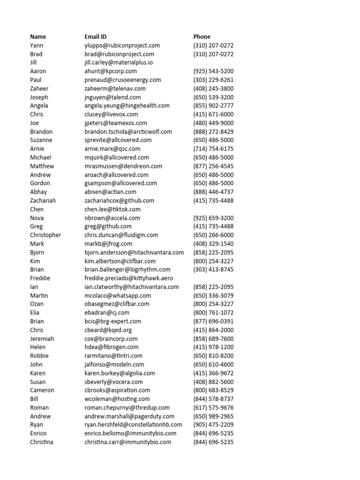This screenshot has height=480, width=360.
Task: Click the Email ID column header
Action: click(98, 37)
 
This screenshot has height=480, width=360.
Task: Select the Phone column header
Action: click(202, 37)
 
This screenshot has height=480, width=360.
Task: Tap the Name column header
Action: click(38, 37)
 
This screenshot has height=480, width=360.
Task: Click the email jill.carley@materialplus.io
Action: click(119, 62)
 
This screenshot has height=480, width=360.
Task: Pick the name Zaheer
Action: click(39, 89)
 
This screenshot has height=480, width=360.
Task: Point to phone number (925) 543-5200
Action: click(213, 71)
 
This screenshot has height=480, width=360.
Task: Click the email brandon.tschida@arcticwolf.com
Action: click(128, 132)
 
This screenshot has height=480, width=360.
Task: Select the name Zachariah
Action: click(43, 201)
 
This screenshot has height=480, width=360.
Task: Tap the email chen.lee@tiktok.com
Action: click(112, 209)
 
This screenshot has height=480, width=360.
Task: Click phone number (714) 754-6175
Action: click(213, 149)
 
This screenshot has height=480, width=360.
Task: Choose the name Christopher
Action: click(45, 235)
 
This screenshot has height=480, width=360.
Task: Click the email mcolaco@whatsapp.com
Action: click(118, 295)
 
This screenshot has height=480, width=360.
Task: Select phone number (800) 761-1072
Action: click(213, 313)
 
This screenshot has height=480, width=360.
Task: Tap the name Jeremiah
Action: click(42, 338)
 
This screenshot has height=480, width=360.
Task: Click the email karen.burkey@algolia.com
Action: click(120, 373)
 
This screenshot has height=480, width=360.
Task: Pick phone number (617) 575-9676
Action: click(213, 408)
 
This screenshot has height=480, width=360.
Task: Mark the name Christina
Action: click(42, 442)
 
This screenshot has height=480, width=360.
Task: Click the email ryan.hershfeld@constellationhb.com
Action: click(134, 425)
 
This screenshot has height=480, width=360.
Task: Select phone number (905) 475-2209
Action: click(213, 425)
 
